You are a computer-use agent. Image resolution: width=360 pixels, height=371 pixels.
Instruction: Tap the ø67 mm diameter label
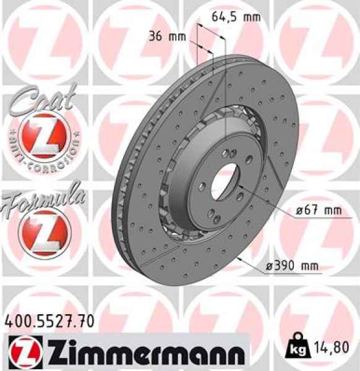[x=318, y=211]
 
